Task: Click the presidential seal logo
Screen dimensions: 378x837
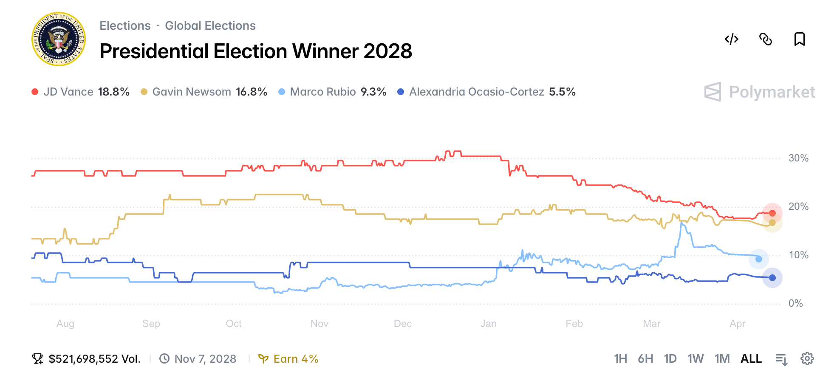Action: click(x=59, y=39)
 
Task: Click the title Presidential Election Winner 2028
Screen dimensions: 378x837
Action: click(x=255, y=51)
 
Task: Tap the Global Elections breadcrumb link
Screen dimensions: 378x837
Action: click(x=210, y=25)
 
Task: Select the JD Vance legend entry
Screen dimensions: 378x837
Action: click(x=80, y=92)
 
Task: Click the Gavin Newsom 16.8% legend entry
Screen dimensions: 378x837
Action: click(x=204, y=92)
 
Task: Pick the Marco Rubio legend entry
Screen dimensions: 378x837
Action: click(x=332, y=92)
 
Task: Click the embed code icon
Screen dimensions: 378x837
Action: click(x=731, y=39)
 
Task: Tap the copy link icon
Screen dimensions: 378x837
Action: click(x=765, y=39)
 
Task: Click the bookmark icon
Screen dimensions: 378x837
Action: click(x=799, y=39)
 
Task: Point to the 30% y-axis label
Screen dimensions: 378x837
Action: click(x=798, y=158)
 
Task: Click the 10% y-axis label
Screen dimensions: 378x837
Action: click(x=798, y=255)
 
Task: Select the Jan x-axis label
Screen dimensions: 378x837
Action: click(x=488, y=324)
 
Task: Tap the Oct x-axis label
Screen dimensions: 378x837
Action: click(x=233, y=324)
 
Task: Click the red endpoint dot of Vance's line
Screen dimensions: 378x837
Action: click(x=772, y=213)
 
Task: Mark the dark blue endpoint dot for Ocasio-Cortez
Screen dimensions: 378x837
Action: click(x=772, y=278)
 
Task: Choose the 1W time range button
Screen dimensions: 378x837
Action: click(x=696, y=359)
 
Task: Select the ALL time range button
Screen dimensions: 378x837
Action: click(x=751, y=359)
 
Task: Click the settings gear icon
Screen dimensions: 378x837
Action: click(x=807, y=359)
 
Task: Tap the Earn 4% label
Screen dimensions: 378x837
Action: click(x=289, y=359)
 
